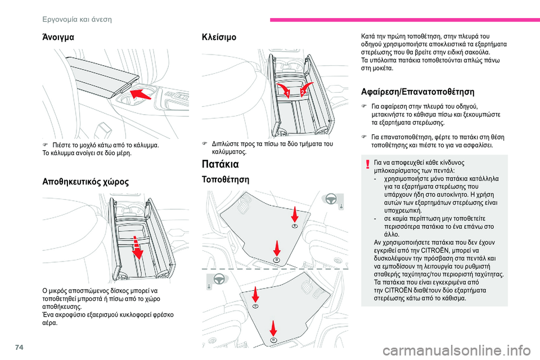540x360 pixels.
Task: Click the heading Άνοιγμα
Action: pos(58,37)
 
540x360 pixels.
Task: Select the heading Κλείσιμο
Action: pos(219,37)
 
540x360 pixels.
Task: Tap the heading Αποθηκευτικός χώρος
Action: pos(85,182)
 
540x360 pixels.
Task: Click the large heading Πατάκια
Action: pos(220,164)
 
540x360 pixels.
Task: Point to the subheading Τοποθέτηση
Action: pos(225,179)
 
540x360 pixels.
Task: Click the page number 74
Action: pos(19,347)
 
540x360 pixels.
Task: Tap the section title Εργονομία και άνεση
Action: pos(77,19)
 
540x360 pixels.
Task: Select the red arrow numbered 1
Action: pos(284,89)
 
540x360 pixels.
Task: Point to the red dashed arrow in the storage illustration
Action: pos(138,247)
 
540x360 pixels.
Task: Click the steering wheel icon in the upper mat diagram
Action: pos(331,199)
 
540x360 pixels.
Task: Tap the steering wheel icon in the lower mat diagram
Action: pos(219,278)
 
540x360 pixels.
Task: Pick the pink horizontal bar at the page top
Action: pos(404,20)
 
